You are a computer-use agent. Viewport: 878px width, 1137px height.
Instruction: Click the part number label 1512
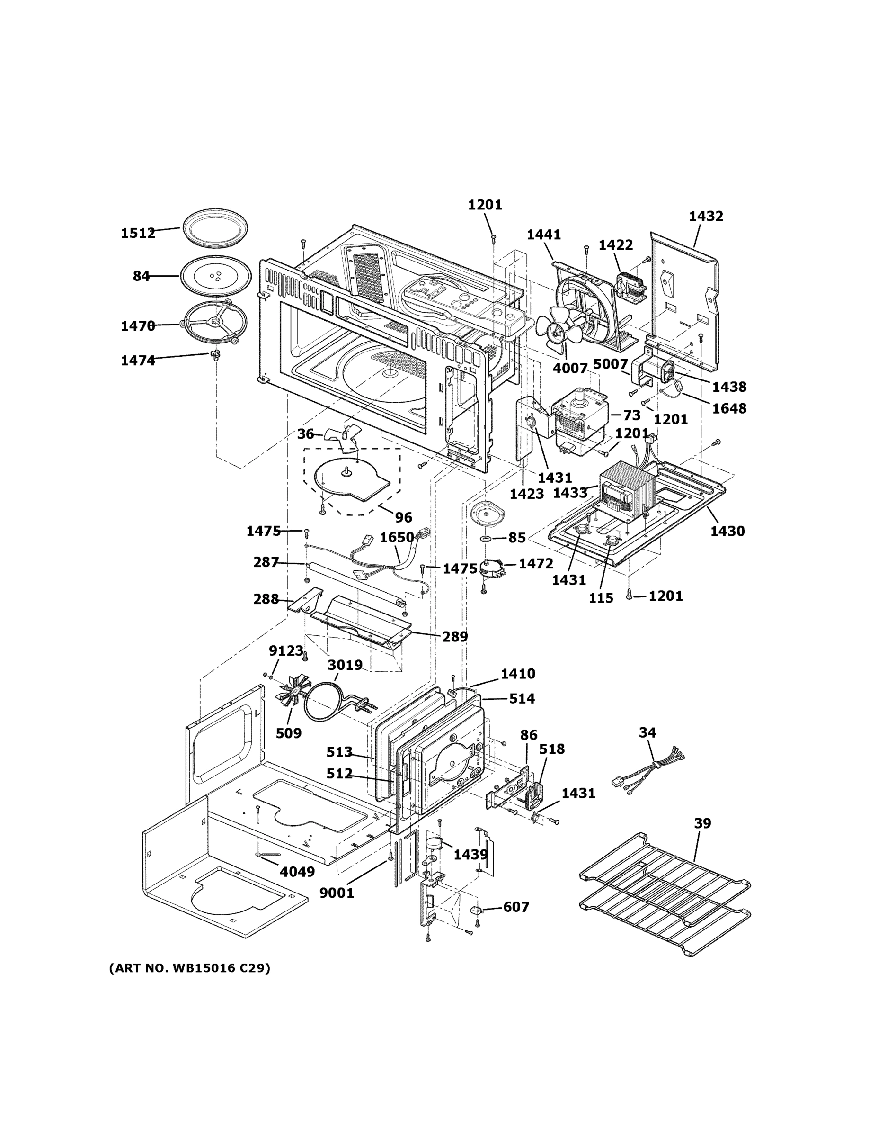click(x=138, y=233)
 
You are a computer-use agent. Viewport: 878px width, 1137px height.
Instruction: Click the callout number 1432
click(x=706, y=216)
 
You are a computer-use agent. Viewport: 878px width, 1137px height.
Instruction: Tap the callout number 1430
click(x=727, y=531)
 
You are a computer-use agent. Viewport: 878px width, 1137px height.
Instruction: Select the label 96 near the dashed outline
click(x=403, y=517)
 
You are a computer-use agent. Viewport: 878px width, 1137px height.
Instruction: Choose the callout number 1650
click(x=396, y=537)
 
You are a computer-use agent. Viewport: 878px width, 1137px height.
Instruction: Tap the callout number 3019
click(x=345, y=665)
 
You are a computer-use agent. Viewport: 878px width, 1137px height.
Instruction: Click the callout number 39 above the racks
click(x=702, y=823)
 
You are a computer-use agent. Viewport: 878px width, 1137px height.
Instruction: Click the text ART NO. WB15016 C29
click(x=189, y=968)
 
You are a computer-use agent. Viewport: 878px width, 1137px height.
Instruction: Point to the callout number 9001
click(x=337, y=893)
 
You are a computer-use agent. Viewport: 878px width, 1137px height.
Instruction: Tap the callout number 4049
click(x=297, y=872)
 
